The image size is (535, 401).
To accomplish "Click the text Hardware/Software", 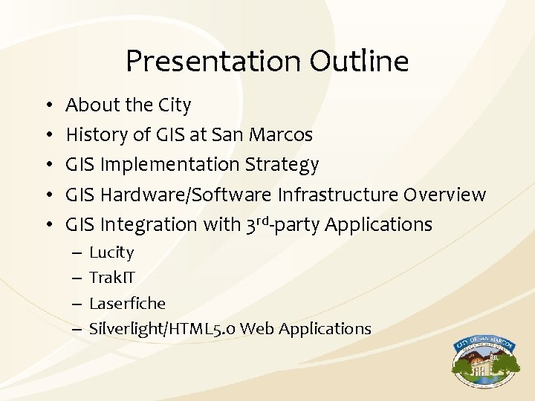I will point(186,195).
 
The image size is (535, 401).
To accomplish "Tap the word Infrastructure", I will point(338,195).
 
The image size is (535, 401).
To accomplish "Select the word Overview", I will point(444,195).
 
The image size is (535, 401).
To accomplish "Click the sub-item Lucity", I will point(111,252).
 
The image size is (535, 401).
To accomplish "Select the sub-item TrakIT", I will point(112,278).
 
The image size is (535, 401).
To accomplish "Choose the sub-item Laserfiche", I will point(127,303).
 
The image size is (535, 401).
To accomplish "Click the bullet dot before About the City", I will point(48,105).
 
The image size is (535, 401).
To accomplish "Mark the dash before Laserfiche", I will point(77,304).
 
